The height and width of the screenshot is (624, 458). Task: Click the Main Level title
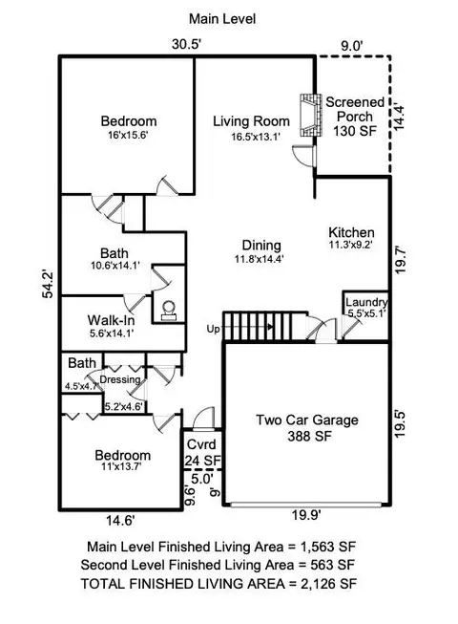(x=222, y=19)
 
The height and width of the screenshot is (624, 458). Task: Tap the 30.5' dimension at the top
(x=187, y=44)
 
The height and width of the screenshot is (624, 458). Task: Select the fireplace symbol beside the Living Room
(x=310, y=116)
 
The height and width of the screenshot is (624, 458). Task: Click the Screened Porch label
(x=355, y=110)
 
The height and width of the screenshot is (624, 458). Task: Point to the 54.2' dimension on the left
(x=48, y=284)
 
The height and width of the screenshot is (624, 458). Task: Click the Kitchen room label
(x=351, y=232)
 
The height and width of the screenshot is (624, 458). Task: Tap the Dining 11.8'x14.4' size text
(x=259, y=259)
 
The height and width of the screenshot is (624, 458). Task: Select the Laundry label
(x=366, y=302)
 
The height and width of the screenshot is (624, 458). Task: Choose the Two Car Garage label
(x=307, y=420)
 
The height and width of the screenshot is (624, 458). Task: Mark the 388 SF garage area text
(x=309, y=436)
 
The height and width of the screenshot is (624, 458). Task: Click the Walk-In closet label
(x=111, y=320)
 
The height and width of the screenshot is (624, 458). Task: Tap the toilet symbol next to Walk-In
(x=169, y=310)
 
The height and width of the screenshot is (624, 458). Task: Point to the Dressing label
(x=120, y=379)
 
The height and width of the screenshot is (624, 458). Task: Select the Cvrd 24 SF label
(x=202, y=453)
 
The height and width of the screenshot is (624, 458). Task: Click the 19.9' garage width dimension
(x=306, y=515)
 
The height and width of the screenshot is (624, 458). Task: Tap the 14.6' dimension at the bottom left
(x=120, y=521)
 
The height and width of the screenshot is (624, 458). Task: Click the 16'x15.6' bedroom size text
(x=128, y=136)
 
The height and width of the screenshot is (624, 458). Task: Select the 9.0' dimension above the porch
(x=352, y=46)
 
